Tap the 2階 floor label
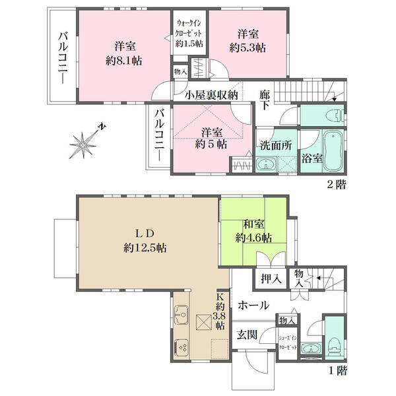[337, 184]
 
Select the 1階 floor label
[338, 370]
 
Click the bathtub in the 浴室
[333, 150]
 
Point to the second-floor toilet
[335, 116]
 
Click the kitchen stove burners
[181, 347]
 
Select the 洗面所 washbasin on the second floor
[266, 164]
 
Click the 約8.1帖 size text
[124, 61]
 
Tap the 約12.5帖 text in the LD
[145, 248]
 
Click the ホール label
[253, 306]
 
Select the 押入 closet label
[271, 279]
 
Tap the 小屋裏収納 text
[212, 95]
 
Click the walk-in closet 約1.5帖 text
[189, 44]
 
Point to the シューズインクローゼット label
[288, 343]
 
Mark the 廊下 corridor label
[265, 100]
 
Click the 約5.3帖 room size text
[247, 48]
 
